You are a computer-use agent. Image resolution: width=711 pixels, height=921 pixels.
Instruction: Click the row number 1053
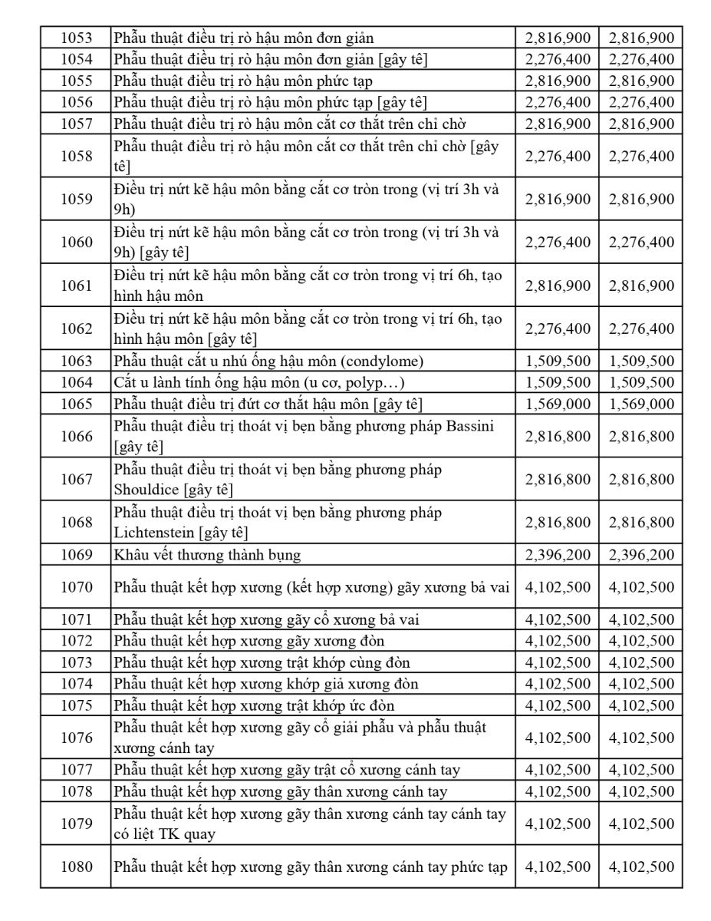pos(76,38)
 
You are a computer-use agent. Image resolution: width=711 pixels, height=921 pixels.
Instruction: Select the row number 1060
pos(76,243)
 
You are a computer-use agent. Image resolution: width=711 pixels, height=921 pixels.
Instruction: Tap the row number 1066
pos(76,437)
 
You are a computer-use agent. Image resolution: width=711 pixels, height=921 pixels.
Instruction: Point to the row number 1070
pos(76,588)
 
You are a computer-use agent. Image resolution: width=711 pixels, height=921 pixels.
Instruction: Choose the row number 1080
pos(76,867)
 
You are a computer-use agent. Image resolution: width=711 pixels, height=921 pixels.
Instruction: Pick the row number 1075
pos(76,705)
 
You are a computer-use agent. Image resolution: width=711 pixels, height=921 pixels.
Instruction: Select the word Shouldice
pos(146,490)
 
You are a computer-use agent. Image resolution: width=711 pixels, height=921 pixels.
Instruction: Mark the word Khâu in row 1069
pos(130,555)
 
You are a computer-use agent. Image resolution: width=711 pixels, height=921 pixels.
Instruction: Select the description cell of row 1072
pos(313,641)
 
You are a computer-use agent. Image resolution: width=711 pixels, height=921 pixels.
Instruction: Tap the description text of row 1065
pos(268,404)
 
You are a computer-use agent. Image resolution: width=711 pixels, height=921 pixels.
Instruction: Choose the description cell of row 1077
pos(313,770)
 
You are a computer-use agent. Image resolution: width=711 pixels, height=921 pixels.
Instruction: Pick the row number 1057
pos(76,124)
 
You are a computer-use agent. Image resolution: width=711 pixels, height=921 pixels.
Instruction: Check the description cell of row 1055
pos(313,81)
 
